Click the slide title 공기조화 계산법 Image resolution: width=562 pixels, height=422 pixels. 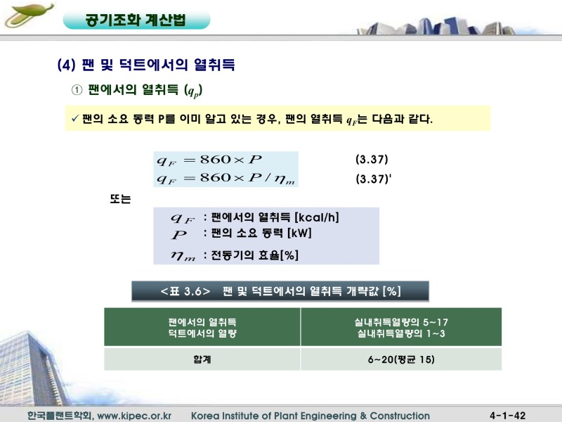[136, 19]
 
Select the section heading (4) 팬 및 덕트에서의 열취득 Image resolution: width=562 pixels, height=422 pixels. [145, 65]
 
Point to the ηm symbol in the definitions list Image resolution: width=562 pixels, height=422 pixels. [184, 254]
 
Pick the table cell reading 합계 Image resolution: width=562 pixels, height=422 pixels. [202, 359]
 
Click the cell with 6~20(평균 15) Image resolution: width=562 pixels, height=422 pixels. [401, 359]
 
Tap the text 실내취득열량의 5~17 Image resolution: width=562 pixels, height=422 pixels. [401, 321]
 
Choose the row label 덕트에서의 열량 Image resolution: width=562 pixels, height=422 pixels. [202, 333]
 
